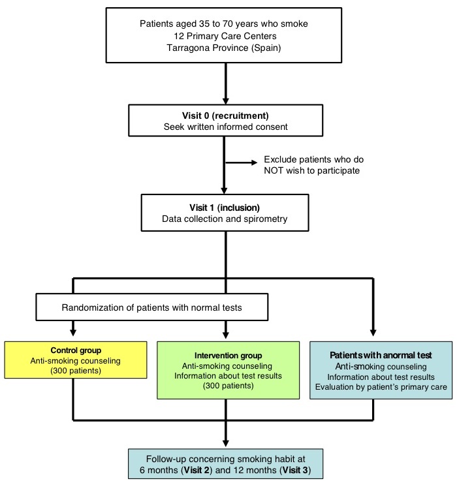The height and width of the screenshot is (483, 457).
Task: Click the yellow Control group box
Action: click(76, 360)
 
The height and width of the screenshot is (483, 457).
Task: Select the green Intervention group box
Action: click(228, 370)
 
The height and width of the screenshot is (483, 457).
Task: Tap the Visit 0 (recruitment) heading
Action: click(225, 116)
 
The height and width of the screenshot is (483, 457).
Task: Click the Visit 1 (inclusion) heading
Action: click(225, 208)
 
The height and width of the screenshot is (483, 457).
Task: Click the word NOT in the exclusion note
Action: click(274, 170)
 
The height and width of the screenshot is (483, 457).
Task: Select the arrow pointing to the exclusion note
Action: click(242, 163)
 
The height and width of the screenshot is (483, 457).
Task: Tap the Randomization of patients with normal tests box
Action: click(152, 307)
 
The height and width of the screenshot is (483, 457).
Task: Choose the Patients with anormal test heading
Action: click(381, 355)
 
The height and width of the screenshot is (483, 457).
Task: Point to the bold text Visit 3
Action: click(295, 470)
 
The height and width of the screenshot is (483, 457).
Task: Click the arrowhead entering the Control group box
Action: click(73, 332)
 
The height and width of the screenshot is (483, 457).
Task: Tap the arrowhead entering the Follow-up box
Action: click(226, 443)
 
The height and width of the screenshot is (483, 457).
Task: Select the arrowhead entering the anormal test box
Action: click(373, 333)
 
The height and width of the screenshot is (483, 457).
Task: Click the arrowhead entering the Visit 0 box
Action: click(226, 101)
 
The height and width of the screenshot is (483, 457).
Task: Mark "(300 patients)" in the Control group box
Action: click(76, 371)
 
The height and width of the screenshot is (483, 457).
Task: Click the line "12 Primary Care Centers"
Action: click(225, 36)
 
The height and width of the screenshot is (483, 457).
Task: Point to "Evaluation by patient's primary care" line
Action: click(381, 387)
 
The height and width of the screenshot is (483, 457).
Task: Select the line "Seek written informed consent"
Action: click(226, 127)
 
